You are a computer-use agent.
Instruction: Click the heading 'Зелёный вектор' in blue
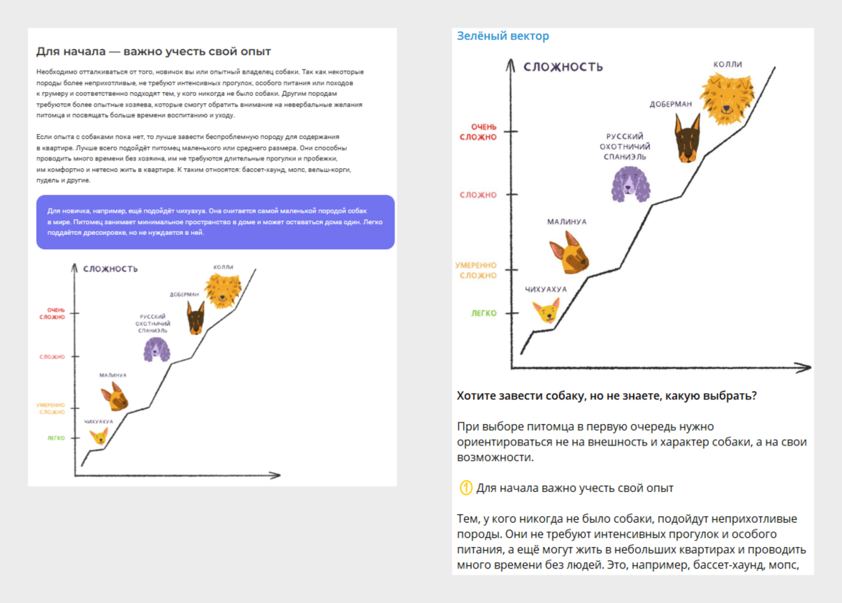503,36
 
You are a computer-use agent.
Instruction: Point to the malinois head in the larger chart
568,255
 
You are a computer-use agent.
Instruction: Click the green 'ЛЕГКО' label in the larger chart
483,313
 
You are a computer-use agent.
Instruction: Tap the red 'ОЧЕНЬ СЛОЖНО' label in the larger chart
478,132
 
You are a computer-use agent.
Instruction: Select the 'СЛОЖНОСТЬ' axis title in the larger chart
563,67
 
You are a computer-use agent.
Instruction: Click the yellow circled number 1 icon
465,488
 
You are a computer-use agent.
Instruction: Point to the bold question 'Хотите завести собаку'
606,395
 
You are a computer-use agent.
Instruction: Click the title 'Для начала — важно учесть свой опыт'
154,52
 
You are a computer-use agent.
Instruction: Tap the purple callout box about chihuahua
215,222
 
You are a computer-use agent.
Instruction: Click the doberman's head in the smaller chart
195,318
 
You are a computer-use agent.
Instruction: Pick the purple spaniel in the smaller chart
157,349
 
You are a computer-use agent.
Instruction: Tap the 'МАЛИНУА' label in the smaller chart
113,375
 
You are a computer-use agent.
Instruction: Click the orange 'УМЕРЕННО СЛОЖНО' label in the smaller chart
51,408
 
